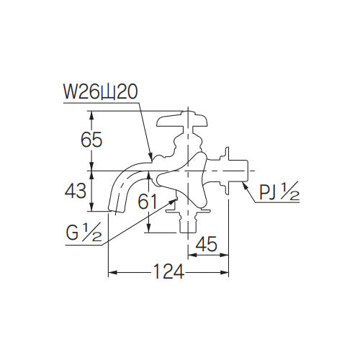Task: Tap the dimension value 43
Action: pyautogui.click(x=77, y=192)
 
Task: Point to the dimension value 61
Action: pyautogui.click(x=148, y=203)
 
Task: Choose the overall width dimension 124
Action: pyautogui.click(x=168, y=272)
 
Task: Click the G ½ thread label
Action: pyautogui.click(x=85, y=234)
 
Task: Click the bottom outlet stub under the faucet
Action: pyautogui.click(x=188, y=224)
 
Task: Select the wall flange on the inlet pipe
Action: pyautogui.click(x=228, y=170)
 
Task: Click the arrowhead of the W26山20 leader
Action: pyautogui.click(x=150, y=158)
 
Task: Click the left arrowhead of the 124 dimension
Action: pyautogui.click(x=110, y=273)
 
